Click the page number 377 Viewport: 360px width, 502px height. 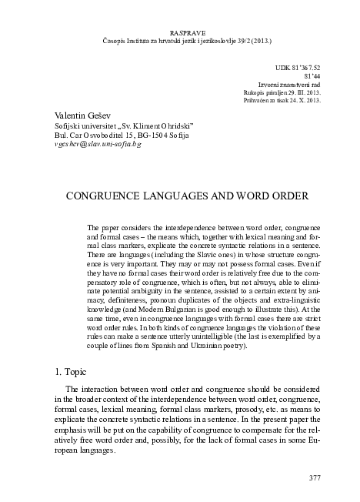coord(314,478)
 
